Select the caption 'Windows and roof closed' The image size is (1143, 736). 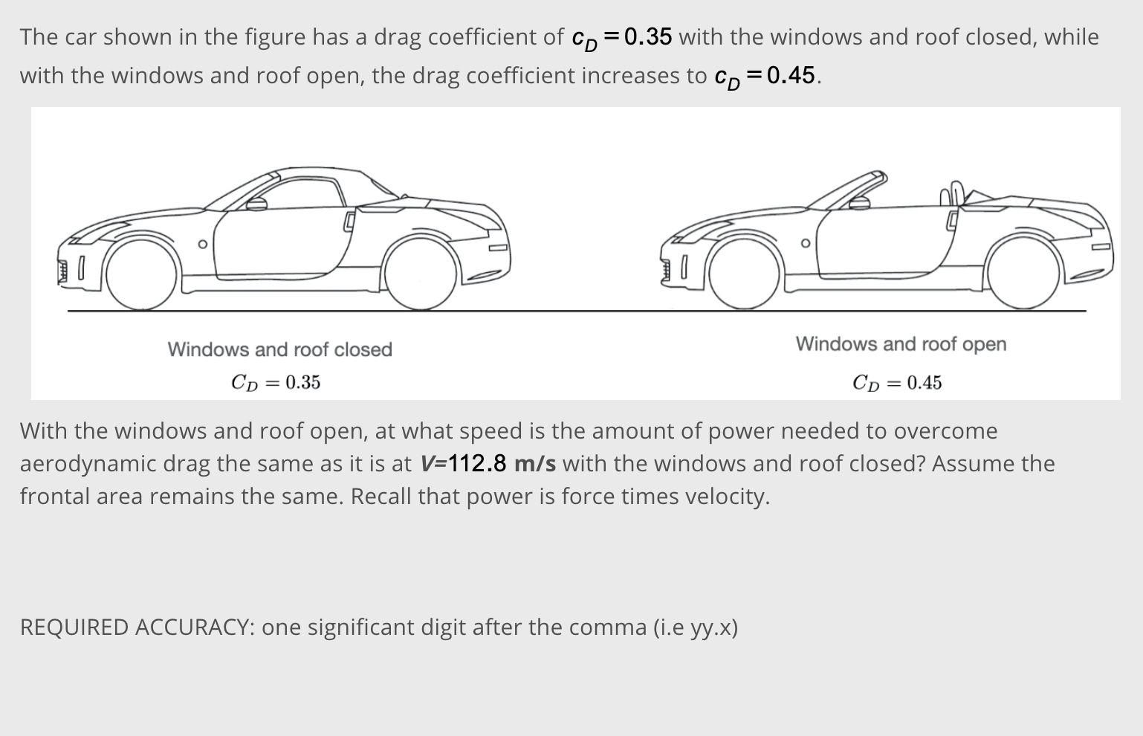click(279, 349)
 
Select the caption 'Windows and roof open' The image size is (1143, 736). click(901, 344)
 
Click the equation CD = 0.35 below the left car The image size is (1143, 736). click(276, 382)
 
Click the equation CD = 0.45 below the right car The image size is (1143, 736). click(897, 383)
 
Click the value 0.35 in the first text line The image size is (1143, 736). click(648, 36)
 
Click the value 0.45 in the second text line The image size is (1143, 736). click(791, 75)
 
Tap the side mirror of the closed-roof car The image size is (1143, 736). click(256, 204)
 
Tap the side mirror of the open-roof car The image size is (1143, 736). click(859, 204)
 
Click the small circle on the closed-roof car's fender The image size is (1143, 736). click(201, 244)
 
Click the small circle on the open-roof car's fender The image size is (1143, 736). click(805, 244)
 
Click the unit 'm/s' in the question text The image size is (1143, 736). click(534, 464)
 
